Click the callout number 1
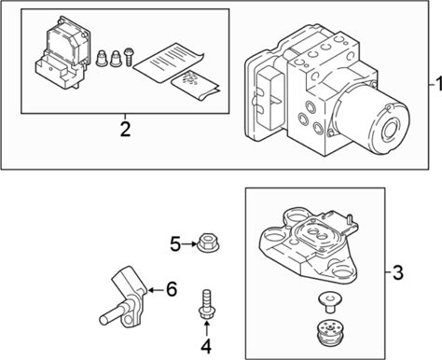click(x=438, y=85)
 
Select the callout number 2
click(x=125, y=130)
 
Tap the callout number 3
click(x=397, y=272)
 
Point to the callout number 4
click(x=206, y=346)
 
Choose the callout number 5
click(x=175, y=244)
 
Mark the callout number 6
click(x=172, y=289)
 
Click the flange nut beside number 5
click(x=208, y=242)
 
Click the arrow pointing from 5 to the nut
click(x=188, y=244)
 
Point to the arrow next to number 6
click(x=157, y=290)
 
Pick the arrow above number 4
click(x=206, y=329)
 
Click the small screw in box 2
click(x=129, y=57)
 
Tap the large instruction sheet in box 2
click(x=168, y=63)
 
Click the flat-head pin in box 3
click(x=330, y=302)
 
